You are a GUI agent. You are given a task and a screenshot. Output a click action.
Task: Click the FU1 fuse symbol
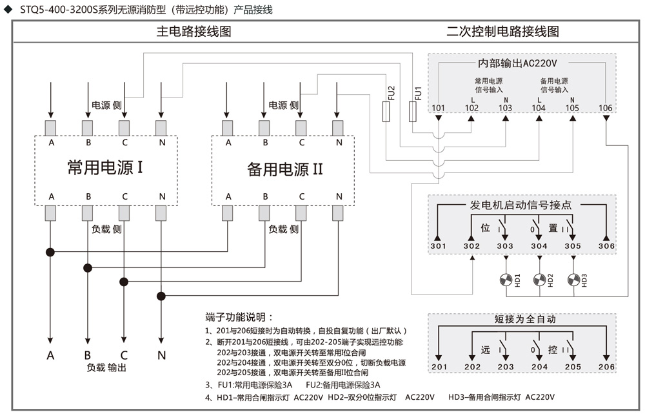(413, 112)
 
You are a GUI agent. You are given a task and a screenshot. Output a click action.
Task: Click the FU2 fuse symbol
(386, 112)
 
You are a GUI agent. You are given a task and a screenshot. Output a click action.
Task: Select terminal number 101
(438, 108)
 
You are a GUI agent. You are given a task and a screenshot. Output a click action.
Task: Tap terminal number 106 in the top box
(605, 108)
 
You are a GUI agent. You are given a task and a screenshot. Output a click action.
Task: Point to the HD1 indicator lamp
(506, 280)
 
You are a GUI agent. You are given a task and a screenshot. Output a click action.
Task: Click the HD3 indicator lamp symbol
(573, 280)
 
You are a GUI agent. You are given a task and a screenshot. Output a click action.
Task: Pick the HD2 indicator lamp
(540, 280)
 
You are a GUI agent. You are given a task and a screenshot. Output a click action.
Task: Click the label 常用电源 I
(105, 168)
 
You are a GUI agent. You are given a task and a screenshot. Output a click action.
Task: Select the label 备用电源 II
(284, 169)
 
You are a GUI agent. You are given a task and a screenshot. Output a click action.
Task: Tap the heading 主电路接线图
(193, 31)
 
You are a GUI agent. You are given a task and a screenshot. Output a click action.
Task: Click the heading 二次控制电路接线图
(502, 31)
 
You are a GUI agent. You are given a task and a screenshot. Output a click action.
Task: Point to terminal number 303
(505, 246)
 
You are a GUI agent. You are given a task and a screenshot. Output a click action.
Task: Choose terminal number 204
(539, 367)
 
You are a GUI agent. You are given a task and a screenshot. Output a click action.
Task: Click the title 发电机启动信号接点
(521, 205)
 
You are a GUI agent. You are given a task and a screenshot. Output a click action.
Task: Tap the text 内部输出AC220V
(517, 63)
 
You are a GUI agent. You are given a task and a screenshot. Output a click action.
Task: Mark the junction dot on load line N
(161, 296)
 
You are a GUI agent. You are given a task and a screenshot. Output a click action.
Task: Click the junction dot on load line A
(50, 252)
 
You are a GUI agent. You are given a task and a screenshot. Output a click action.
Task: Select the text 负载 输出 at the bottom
(106, 367)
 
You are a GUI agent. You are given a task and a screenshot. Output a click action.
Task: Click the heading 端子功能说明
(239, 317)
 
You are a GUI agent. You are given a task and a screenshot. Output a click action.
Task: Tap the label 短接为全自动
(525, 319)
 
